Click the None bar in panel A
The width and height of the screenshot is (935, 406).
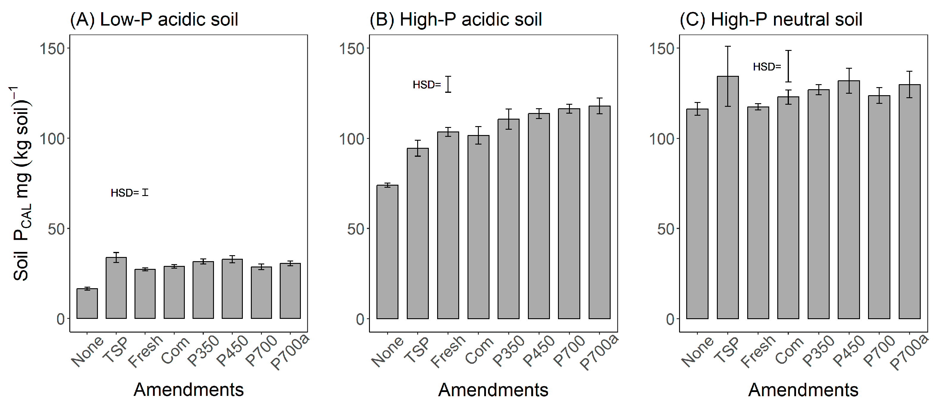tap(87, 304)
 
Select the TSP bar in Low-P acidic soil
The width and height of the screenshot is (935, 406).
tap(116, 288)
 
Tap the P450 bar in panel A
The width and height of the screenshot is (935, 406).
tap(232, 289)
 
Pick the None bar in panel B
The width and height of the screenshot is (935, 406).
tap(387, 252)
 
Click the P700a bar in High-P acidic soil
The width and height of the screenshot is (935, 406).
tap(599, 212)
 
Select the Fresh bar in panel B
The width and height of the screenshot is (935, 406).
tap(448, 225)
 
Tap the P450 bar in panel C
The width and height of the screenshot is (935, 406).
tap(849, 200)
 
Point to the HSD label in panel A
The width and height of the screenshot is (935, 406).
tap(124, 193)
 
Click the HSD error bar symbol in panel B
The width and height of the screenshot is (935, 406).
tap(448, 84)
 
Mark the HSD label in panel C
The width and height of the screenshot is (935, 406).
tap(767, 67)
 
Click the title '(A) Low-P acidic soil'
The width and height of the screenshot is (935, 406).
tap(154, 20)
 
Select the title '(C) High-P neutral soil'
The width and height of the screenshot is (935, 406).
tap(770, 20)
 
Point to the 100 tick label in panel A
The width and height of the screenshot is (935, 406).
tap(52, 139)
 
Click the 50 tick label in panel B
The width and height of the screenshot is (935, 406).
tap(355, 229)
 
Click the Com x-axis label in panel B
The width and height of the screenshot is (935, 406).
tap(479, 350)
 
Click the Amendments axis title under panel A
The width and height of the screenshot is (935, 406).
tap(188, 390)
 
